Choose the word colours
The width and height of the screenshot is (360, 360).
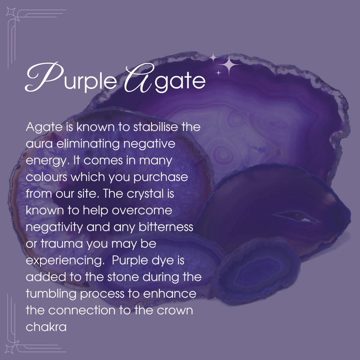(48, 177)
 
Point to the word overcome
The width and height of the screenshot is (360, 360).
(142, 210)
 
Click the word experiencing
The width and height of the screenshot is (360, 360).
(64, 261)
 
